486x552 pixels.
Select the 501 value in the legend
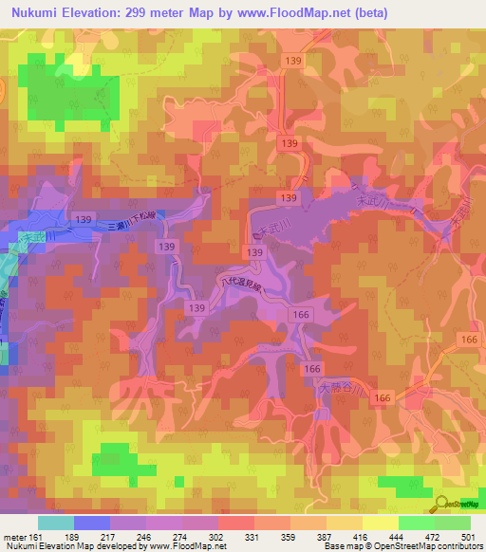[x=467, y=536]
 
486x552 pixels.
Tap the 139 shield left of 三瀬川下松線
[x=84, y=219]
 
